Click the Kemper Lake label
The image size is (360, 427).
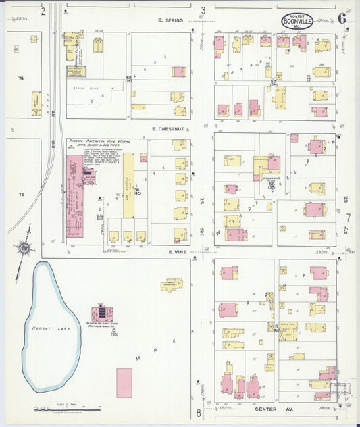click(41, 328)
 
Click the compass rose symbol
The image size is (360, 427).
click(24, 248)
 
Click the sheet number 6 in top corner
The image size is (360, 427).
click(342, 18)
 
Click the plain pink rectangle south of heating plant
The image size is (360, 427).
click(124, 382)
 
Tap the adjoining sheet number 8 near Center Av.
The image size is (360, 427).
click(199, 412)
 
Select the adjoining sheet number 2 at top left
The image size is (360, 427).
click(43, 10)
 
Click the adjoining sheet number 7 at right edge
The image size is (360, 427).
click(349, 218)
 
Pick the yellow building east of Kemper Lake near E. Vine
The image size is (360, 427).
click(172, 284)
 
